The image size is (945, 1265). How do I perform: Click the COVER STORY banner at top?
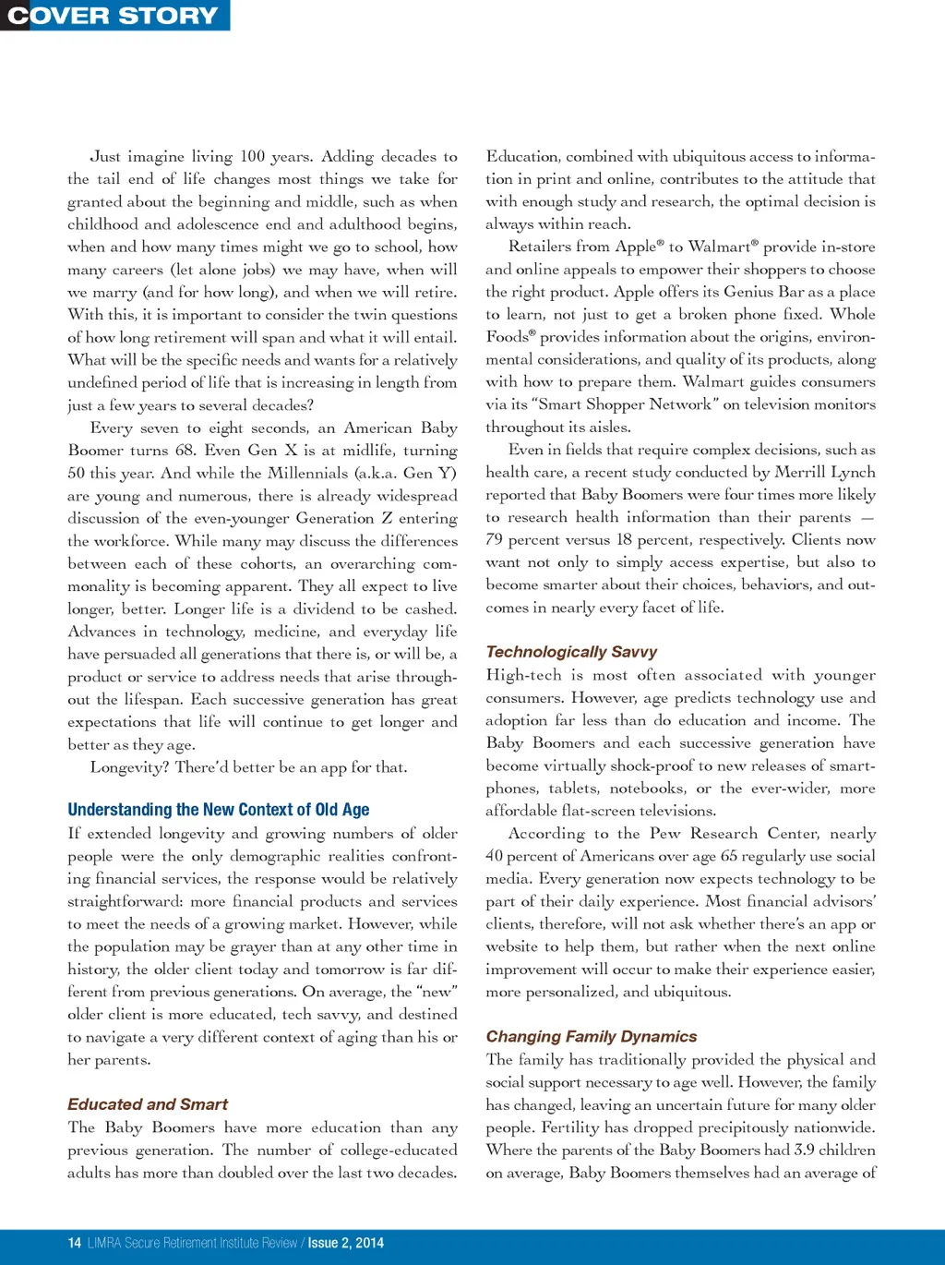(x=114, y=16)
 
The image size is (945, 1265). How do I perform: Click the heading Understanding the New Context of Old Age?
(x=218, y=810)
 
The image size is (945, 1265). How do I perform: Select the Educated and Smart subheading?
(x=148, y=1104)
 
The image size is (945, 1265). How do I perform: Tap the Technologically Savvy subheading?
(x=571, y=652)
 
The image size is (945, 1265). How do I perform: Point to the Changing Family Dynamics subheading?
(x=592, y=1037)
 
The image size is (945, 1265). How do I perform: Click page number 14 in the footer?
(x=75, y=1243)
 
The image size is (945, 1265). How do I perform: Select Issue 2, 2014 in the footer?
(x=346, y=1243)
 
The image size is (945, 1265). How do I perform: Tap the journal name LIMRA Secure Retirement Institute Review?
(x=192, y=1243)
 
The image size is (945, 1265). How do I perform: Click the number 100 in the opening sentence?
(x=252, y=157)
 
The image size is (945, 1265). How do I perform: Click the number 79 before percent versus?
(x=496, y=540)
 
